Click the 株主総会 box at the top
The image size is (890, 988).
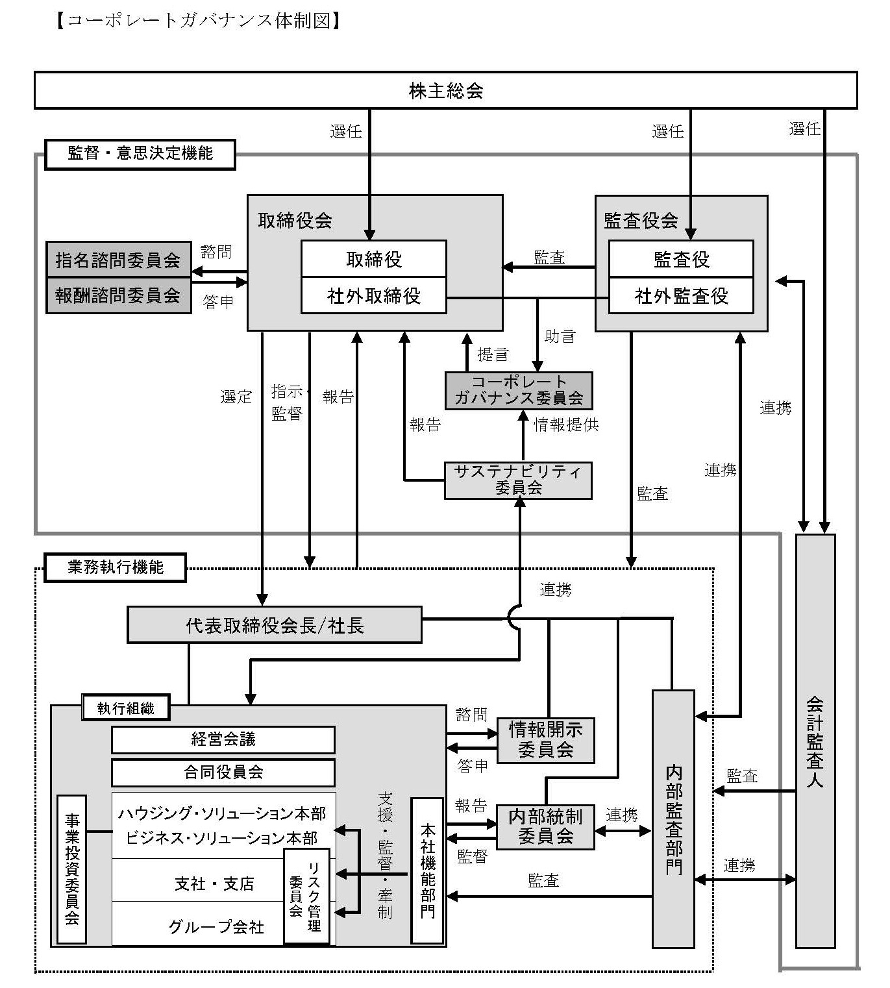[445, 90]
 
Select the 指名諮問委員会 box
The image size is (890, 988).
[118, 260]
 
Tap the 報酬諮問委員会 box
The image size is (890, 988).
[118, 295]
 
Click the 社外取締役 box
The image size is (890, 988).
[374, 296]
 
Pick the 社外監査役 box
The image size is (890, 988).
[681, 296]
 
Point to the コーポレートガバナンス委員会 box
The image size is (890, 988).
[518, 390]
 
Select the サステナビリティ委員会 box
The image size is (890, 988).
[518, 480]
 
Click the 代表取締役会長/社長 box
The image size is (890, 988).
[274, 625]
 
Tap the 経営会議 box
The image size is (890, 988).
[223, 739]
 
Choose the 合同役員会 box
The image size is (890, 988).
[223, 772]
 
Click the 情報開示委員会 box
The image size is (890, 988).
[545, 740]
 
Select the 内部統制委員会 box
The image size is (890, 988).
[545, 826]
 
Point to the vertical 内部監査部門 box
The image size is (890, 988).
[673, 819]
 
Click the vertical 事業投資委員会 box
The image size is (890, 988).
[71, 869]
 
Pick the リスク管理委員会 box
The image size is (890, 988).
[306, 896]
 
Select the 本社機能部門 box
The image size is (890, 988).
[427, 870]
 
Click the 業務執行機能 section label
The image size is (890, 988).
[115, 567]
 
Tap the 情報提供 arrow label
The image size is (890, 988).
[566, 425]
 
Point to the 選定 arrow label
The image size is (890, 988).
[236, 397]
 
